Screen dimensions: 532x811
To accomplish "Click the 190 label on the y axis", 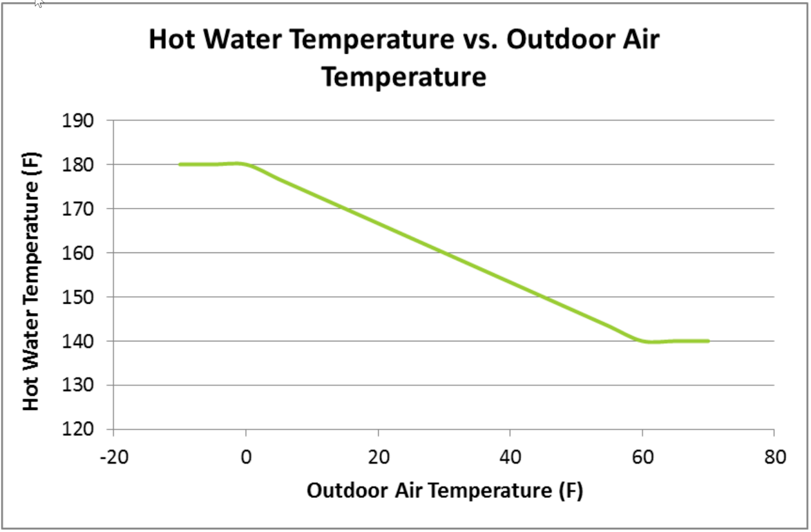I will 78,121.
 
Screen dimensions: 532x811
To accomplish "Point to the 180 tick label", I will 78,165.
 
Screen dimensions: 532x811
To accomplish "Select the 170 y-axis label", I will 78,209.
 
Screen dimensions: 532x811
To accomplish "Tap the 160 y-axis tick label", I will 78,253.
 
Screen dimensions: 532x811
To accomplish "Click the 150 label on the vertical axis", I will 78,297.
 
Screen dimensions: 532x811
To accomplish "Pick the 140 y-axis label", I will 78,341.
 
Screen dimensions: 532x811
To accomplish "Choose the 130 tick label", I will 78,385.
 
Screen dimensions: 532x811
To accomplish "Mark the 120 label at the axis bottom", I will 78,429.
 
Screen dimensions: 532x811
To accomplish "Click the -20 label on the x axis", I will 114,458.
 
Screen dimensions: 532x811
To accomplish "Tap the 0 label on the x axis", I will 246,458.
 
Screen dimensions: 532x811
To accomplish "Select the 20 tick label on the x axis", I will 379,458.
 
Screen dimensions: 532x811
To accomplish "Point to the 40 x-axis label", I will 510,458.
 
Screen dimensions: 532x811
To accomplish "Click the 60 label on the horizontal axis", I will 643,458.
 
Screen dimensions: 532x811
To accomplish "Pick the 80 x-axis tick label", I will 775,458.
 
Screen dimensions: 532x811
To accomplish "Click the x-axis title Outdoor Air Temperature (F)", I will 445,490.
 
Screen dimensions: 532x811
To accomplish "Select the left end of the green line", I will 180,164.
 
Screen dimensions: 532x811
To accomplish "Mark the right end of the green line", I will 708,341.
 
